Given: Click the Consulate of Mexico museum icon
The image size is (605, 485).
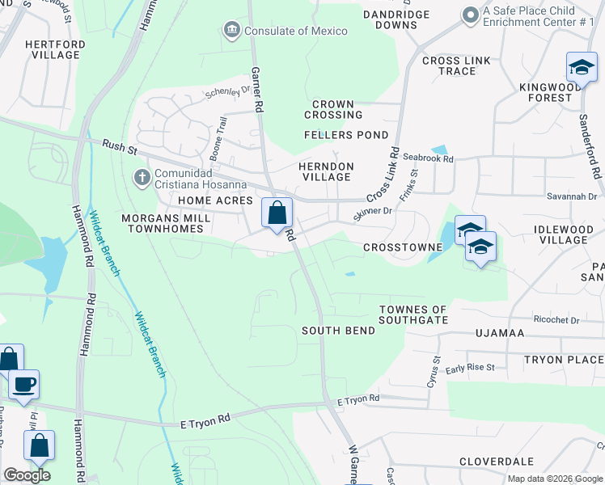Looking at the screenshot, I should pos(232,31).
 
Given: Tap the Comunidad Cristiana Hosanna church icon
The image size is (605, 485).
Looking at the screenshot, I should pos(142,176).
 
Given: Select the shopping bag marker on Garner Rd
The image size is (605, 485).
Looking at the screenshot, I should pos(277,213).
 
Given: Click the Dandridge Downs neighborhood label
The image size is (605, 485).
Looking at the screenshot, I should pos(401,19).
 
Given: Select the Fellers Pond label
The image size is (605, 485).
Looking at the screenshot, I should pos(346,135).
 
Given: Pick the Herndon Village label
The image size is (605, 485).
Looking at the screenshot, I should pos(327,171).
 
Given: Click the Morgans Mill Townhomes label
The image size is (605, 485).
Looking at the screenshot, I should pos(166,224).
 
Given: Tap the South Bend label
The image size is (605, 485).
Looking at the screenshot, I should pos(338,331).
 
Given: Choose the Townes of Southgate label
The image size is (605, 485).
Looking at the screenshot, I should pos(413,314).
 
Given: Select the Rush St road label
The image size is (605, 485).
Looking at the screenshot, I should pos(121,146).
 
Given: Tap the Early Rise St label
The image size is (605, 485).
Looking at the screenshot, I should pos(470,368).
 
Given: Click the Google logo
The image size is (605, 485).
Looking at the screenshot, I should pos(27,475).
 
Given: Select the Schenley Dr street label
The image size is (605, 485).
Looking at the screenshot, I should pos(227,93).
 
